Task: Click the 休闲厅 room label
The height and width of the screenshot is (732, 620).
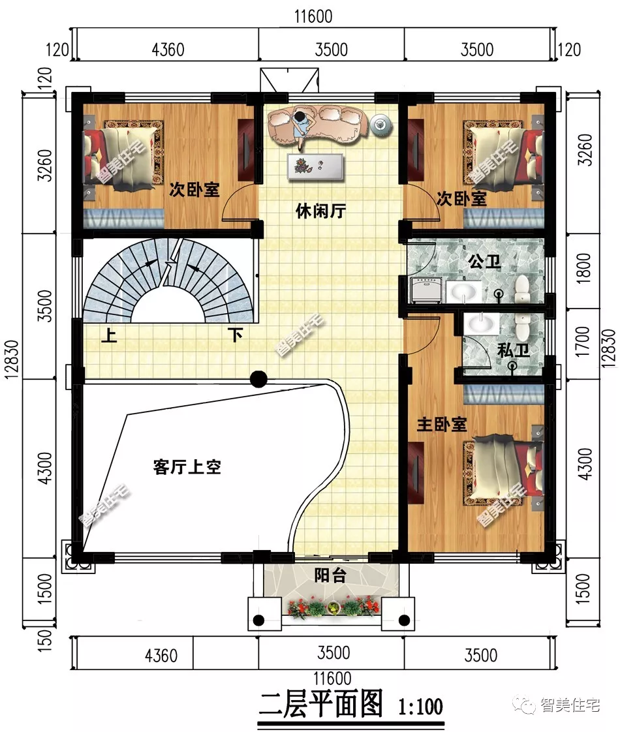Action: click(x=320, y=211)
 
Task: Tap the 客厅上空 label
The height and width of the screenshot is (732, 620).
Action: click(x=187, y=467)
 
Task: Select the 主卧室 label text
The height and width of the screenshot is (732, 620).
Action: click(x=442, y=425)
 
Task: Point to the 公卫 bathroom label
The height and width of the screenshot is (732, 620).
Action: click(x=484, y=262)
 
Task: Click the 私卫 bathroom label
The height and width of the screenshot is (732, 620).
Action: click(x=513, y=350)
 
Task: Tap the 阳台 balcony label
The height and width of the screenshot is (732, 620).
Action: click(x=330, y=575)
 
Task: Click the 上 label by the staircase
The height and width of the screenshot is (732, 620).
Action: click(x=108, y=336)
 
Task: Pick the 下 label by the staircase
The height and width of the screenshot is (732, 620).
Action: click(x=235, y=336)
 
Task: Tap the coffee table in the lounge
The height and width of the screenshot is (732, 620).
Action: click(x=315, y=166)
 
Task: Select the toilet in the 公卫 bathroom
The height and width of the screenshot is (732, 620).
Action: click(x=521, y=288)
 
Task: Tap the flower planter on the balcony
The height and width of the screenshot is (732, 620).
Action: click(x=333, y=608)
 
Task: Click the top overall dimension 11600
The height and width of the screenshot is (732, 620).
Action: click(x=313, y=17)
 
